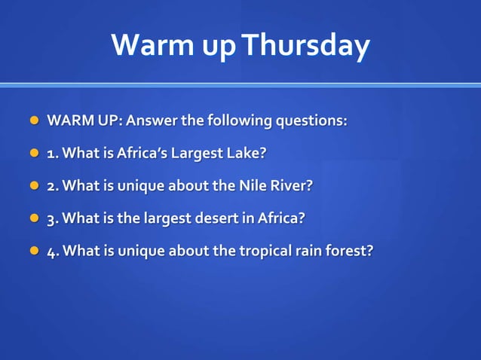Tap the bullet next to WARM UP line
[x=33, y=121]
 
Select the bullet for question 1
[x=33, y=153]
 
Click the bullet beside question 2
[x=33, y=185]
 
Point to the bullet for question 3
[x=33, y=218]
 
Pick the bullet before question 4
[x=33, y=250]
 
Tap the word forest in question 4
[x=347, y=251]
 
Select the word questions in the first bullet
[x=311, y=121]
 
